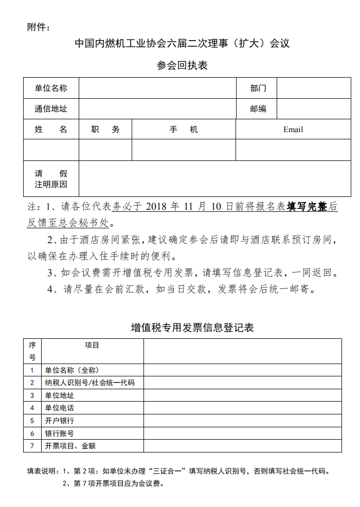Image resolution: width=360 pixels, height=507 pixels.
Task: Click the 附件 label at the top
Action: (x=39, y=27)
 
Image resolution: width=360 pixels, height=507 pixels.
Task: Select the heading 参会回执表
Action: (x=182, y=66)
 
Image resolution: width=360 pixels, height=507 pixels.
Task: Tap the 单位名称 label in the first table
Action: (x=51, y=88)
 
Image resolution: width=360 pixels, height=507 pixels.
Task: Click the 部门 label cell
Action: (x=258, y=88)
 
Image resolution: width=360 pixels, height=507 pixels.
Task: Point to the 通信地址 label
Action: (x=51, y=108)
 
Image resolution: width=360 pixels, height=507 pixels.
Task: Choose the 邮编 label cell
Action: (x=258, y=108)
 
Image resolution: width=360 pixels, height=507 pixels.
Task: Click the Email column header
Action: (x=293, y=130)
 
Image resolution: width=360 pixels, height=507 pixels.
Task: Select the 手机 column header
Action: (x=184, y=130)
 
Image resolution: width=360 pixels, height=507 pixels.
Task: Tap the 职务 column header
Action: (x=105, y=130)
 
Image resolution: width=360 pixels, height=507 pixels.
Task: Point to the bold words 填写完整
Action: (x=307, y=207)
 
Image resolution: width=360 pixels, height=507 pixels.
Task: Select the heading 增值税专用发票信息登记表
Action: (x=192, y=328)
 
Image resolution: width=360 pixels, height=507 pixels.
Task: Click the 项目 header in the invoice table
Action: (x=92, y=346)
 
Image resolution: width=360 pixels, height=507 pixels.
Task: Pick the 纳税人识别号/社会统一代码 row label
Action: (x=89, y=383)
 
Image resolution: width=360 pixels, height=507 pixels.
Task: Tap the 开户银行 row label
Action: (x=60, y=421)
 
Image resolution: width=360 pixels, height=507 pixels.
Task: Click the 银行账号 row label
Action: (x=60, y=433)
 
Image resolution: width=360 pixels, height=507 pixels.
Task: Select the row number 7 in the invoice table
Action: (x=32, y=446)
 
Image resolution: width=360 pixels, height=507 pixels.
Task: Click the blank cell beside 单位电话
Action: (x=242, y=408)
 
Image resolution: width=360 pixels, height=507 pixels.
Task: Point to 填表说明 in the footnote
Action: (x=44, y=470)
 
